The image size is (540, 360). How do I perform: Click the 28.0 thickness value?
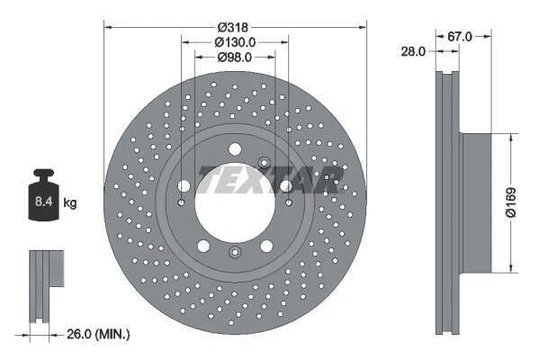413,52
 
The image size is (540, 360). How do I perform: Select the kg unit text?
70,203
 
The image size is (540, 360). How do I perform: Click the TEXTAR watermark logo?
267,179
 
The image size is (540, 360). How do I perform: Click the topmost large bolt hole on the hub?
234,149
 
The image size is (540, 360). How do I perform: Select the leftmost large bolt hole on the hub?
184,185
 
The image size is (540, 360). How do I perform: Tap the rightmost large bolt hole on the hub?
285,185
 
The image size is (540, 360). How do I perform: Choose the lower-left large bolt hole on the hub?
202,244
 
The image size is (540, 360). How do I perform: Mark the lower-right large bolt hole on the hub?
266,244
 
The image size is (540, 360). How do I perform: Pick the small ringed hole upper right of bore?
264,163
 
